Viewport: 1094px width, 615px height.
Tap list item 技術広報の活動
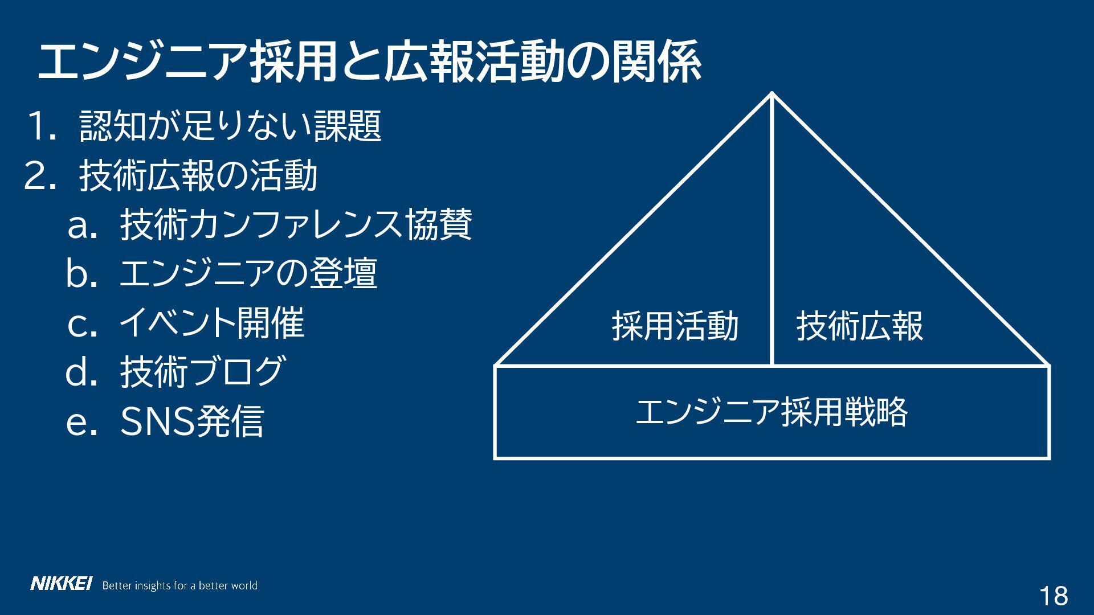click(198, 175)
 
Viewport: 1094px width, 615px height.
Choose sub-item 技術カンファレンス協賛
click(296, 225)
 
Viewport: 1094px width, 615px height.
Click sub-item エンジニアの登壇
click(248, 274)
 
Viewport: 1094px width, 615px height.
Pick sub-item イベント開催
click(211, 323)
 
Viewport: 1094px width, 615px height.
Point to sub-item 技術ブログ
click(202, 372)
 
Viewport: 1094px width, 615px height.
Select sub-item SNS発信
click(192, 421)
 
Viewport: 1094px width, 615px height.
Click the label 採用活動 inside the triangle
click(675, 326)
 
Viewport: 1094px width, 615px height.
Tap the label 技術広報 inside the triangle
click(859, 326)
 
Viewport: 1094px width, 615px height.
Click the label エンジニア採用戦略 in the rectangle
click(771, 412)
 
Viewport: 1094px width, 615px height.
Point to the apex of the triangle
click(772, 94)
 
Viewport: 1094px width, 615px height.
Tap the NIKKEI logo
click(61, 584)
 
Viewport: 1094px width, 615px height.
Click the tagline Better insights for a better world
click(179, 585)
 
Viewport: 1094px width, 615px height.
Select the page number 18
click(1054, 596)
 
